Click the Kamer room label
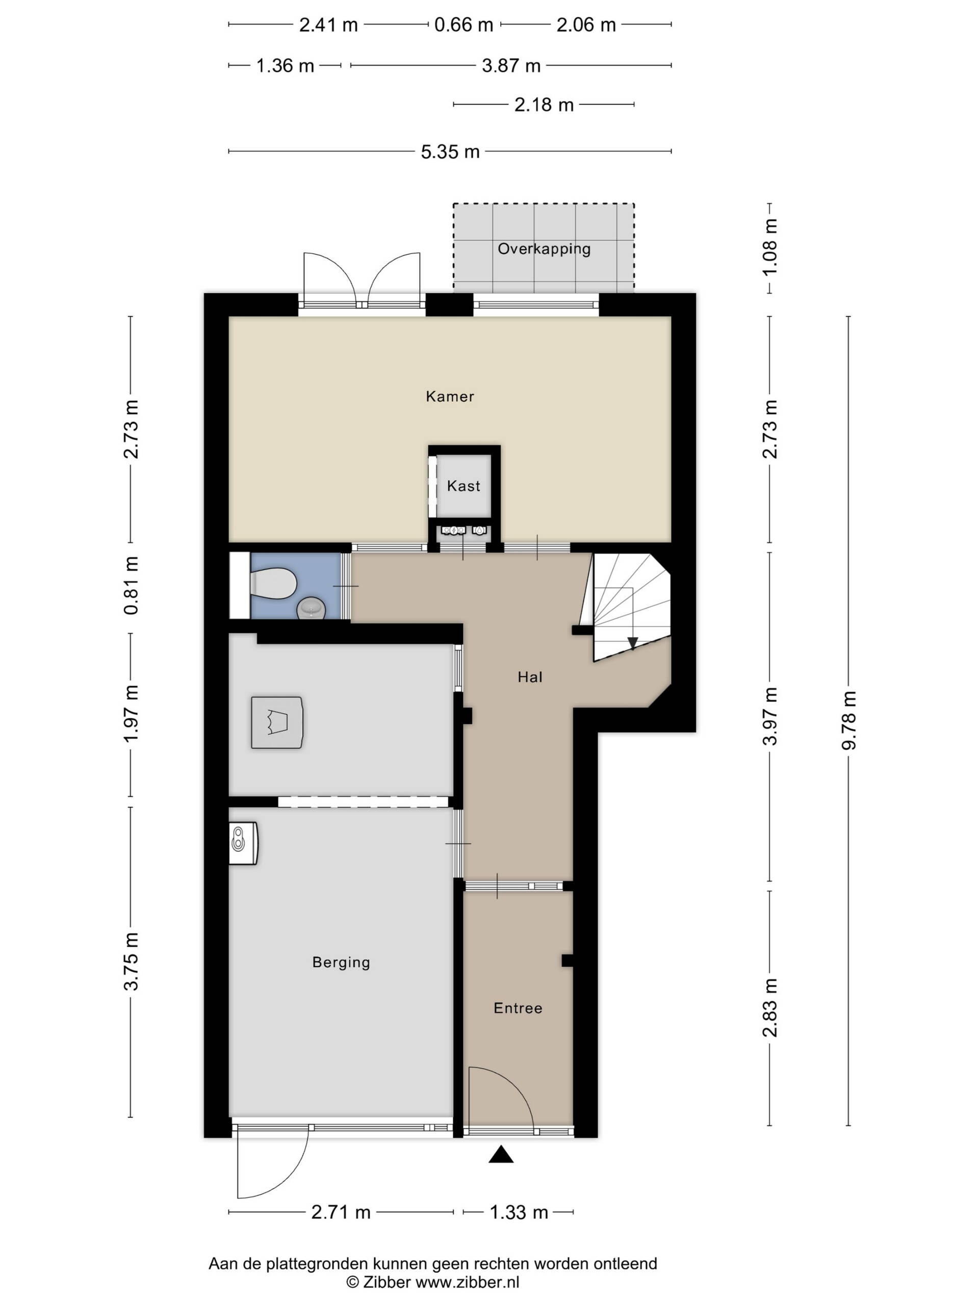(x=450, y=396)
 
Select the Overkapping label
(x=544, y=248)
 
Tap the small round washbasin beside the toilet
(x=311, y=608)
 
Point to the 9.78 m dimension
(x=848, y=720)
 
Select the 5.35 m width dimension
(x=450, y=151)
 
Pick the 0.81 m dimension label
(x=131, y=585)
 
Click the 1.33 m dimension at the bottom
(x=519, y=1212)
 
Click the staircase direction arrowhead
(x=632, y=643)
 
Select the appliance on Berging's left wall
(x=243, y=843)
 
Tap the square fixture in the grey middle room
(x=277, y=722)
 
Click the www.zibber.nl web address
(x=468, y=1282)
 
